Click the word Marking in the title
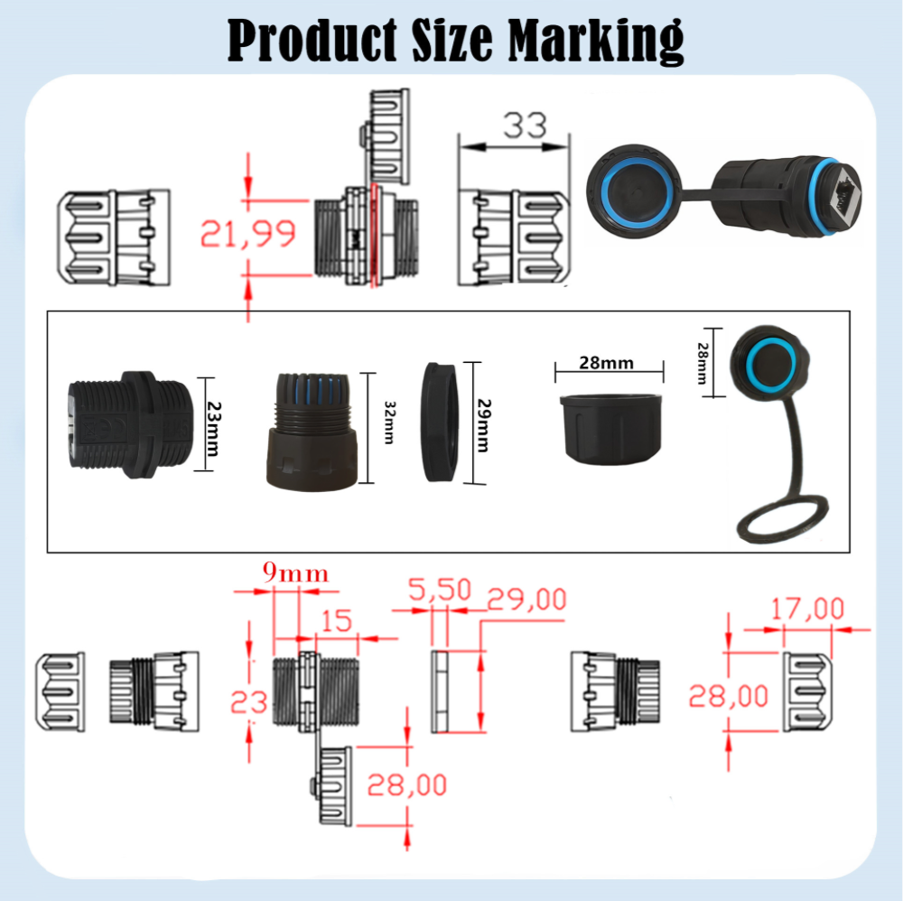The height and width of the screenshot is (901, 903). pos(595,40)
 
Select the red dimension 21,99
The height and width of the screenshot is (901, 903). pos(248,235)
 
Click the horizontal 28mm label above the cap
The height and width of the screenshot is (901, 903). pos(606,363)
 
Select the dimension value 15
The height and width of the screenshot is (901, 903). pos(335,620)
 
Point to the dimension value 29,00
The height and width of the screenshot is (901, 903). pos(527,599)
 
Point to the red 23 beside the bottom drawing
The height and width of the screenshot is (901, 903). pos(249,701)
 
